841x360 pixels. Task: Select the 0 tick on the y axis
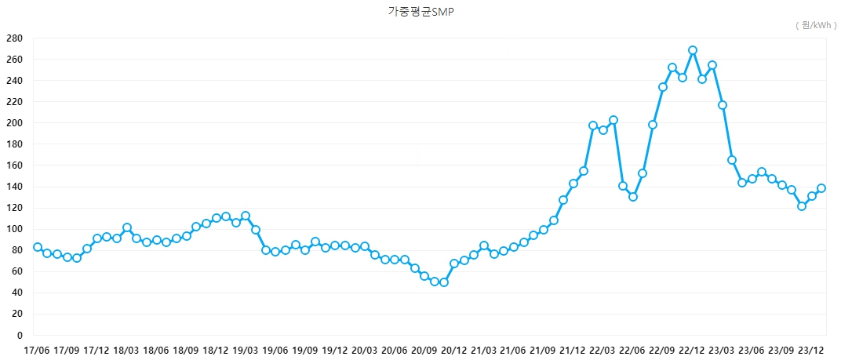click(19, 335)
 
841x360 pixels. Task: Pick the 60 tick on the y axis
click(16, 271)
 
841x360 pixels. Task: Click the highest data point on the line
click(693, 50)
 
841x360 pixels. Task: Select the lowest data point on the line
click(444, 282)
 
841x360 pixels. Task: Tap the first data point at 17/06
click(38, 247)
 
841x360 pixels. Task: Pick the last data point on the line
click(821, 188)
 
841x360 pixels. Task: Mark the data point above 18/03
click(127, 227)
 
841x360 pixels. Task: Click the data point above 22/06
click(633, 197)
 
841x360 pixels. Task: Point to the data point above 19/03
click(246, 216)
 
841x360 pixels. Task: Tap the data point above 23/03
click(723, 105)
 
